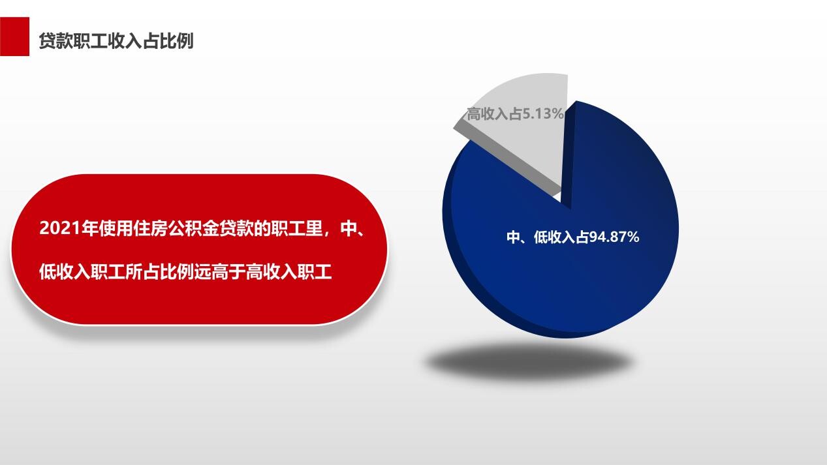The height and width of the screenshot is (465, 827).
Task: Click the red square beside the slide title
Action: click(x=14, y=37)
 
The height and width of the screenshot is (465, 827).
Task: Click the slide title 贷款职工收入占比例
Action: click(x=116, y=40)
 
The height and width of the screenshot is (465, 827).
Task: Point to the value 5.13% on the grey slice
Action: click(x=542, y=113)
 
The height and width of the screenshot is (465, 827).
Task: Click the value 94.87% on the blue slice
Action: click(x=614, y=237)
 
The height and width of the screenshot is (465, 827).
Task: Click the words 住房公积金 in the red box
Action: click(x=176, y=228)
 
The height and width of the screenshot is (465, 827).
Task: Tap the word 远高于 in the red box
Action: click(x=220, y=272)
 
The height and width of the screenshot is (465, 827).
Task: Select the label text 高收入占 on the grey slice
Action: click(x=494, y=113)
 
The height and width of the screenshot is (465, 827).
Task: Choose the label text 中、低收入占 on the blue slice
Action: click(x=548, y=237)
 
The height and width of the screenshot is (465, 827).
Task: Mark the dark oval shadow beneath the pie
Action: click(x=529, y=361)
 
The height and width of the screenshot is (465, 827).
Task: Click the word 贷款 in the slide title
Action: click(x=56, y=40)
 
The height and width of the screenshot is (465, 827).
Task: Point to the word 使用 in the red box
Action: click(x=116, y=228)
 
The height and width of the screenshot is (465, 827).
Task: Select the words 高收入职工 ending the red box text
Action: click(x=289, y=272)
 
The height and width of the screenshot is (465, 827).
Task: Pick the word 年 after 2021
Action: click(x=89, y=228)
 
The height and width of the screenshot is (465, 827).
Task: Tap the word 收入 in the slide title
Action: click(x=125, y=40)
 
